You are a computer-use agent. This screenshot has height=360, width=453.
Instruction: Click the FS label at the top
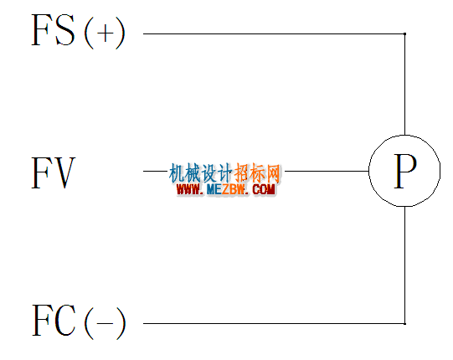tap(53, 30)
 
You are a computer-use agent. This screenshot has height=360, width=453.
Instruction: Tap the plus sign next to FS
tap(105, 33)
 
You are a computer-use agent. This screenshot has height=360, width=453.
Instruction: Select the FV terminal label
tap(54, 172)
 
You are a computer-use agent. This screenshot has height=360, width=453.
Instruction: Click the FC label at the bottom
tap(54, 320)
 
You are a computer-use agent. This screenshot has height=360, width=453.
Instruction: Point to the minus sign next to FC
tap(105, 323)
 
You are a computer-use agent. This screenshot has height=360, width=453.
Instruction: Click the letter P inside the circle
tap(405, 171)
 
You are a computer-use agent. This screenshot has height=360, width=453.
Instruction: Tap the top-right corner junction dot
tap(404, 33)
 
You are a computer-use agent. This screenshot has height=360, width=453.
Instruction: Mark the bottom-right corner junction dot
tap(404, 324)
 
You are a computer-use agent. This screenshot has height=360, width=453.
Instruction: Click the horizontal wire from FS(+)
tap(274, 33)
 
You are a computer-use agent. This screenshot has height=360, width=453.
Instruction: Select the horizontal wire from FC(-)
tap(274, 324)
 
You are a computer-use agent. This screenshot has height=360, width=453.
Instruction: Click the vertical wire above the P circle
tap(404, 85)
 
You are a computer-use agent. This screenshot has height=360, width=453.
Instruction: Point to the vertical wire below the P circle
tap(404, 265)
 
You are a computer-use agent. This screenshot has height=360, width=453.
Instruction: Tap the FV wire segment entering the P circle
tap(327, 171)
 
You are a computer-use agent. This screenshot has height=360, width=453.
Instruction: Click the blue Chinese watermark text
tap(200, 173)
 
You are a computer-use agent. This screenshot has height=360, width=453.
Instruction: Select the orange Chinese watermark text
tap(257, 173)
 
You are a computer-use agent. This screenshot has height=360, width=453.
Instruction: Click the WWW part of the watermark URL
tap(188, 189)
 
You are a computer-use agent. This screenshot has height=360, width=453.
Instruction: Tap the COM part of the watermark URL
tap(264, 189)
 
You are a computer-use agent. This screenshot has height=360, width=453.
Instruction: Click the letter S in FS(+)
tap(65, 30)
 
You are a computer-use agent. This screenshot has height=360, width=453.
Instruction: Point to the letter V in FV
tap(64, 172)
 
